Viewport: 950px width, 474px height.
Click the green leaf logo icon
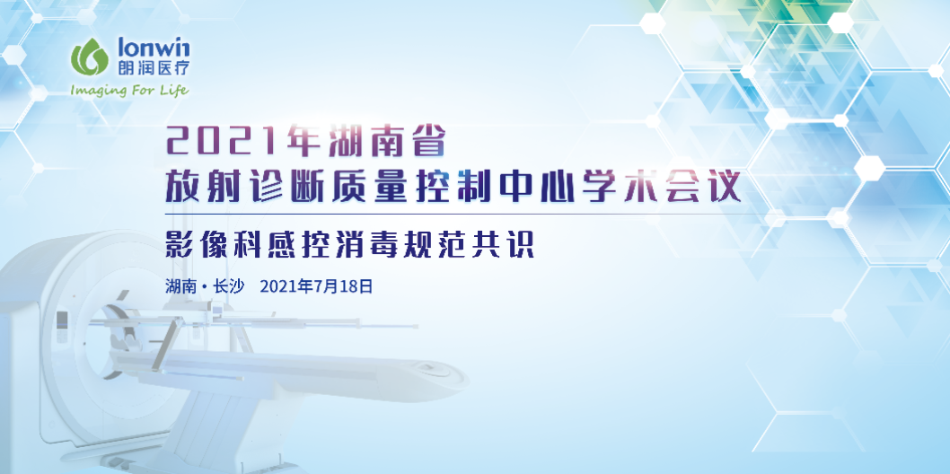(89, 58)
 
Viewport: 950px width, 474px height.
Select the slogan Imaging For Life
(130, 90)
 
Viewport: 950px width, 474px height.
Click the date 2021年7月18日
(315, 287)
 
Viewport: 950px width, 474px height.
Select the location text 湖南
(180, 287)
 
